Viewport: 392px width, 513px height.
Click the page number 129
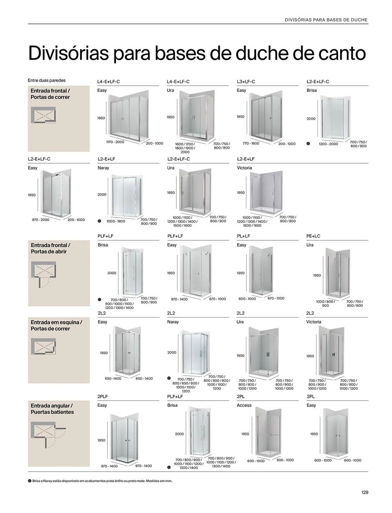coord(365,492)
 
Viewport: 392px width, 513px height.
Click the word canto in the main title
coord(342,53)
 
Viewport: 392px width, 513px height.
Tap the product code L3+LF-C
coord(246,82)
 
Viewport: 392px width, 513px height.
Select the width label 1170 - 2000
coord(115,142)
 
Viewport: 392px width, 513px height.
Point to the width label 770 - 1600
coord(251,143)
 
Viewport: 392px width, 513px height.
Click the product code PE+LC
coord(313,236)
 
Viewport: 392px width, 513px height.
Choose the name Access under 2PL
coord(244,405)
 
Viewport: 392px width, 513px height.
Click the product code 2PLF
coord(102,396)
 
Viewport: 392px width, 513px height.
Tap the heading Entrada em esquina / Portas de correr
coord(56,325)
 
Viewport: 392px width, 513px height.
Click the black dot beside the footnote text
coord(30,481)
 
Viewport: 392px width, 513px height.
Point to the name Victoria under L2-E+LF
coord(244,168)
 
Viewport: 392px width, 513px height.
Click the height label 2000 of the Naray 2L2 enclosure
coord(172,352)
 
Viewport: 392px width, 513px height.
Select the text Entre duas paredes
coord(46,80)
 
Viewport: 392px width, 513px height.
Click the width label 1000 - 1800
coord(116,221)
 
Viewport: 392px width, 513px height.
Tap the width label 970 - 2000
coord(41,220)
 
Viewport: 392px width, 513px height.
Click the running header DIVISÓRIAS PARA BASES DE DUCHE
coord(326,20)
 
